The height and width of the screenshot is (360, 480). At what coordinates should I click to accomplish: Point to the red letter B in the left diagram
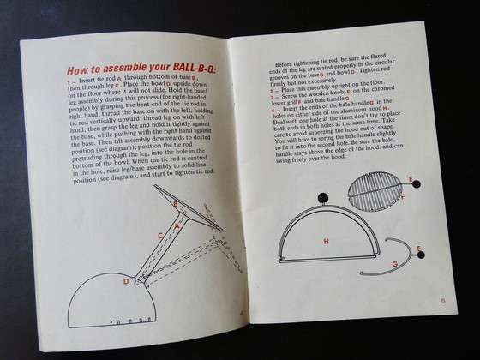176,204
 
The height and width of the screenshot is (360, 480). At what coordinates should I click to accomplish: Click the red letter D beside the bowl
126,280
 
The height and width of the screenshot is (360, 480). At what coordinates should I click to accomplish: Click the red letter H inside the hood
326,242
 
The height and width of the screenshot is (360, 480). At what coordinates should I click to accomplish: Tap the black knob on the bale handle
420,251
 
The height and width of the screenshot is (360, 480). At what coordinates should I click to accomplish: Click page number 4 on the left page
241,313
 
